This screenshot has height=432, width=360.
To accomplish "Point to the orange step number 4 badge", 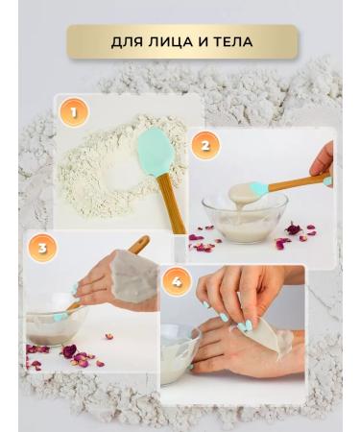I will (x=174, y=281).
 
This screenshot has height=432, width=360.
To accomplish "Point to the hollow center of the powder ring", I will (x=117, y=171).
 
